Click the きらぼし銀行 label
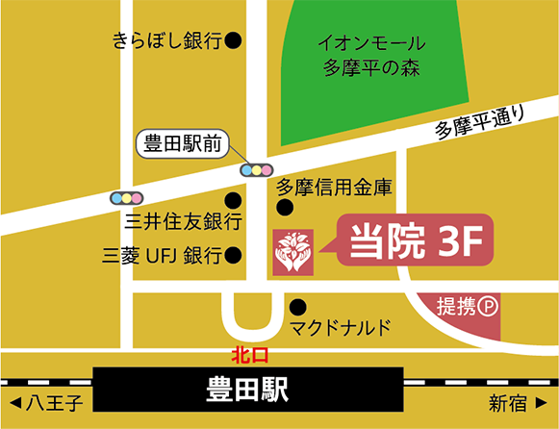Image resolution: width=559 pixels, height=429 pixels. click(166, 40)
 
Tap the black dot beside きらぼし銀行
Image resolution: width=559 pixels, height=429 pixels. click(233, 40)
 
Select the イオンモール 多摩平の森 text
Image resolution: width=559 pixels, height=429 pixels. click(372, 56)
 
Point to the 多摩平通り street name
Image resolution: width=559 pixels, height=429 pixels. click(481, 123)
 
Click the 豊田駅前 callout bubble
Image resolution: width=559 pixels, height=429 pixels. click(184, 145)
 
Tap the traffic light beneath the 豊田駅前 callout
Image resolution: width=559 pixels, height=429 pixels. click(256, 170)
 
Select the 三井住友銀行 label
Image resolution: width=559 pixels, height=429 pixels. click(183, 222)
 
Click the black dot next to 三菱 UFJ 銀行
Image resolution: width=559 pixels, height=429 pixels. click(233, 255)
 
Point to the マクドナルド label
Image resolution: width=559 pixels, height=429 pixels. click(343, 328)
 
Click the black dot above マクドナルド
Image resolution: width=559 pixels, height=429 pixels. click(297, 307)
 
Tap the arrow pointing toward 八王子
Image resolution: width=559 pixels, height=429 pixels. click(13, 399)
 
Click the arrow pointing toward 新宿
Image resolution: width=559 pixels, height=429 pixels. click(544, 399)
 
